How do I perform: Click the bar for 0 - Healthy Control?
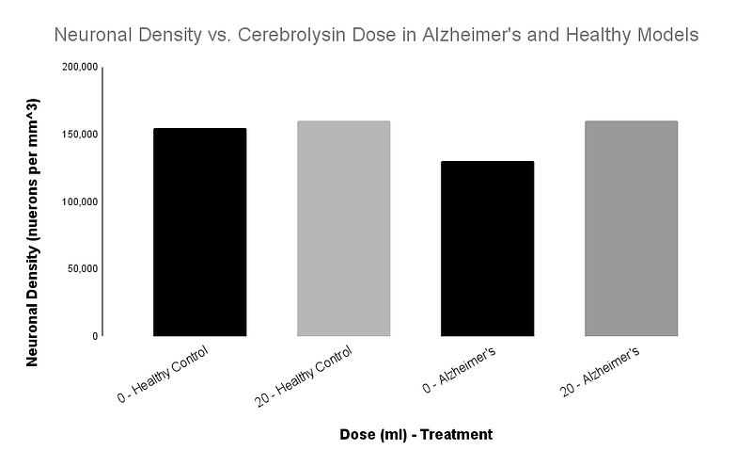[199, 232]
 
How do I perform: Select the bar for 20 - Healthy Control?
[343, 228]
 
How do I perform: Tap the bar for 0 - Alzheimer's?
[487, 249]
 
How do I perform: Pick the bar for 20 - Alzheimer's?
[631, 228]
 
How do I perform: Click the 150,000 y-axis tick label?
[78, 135]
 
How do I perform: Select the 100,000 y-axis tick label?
[78, 201]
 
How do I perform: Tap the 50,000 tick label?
[81, 268]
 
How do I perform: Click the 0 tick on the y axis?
[94, 336]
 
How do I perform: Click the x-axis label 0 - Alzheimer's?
[459, 373]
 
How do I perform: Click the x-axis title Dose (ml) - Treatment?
[415, 435]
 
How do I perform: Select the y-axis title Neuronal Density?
[32, 232]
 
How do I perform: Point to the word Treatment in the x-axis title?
[459, 435]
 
